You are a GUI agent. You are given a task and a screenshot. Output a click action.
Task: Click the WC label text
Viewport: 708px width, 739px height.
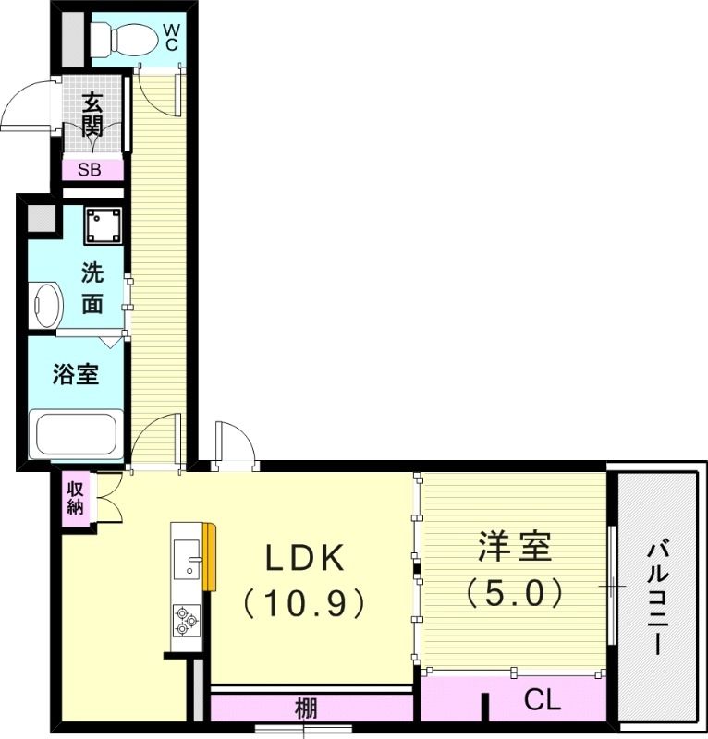coord(172,36)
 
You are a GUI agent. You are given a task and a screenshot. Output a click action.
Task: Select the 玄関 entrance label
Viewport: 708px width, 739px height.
coord(92,115)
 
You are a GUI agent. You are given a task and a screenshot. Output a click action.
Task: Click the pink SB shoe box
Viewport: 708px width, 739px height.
coord(91,169)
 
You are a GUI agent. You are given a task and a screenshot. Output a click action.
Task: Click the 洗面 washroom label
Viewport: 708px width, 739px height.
coord(92,288)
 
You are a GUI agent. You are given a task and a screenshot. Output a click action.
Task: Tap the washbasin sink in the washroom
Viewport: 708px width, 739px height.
coord(45,305)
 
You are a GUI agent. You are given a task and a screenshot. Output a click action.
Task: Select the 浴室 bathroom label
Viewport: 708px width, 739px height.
coord(76,375)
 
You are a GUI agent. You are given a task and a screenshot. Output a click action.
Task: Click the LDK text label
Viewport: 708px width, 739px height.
coord(305,558)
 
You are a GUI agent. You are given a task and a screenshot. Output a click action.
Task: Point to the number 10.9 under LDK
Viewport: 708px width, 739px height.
coord(305,604)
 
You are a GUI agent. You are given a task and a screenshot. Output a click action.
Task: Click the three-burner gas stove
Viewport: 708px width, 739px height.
coord(186,620)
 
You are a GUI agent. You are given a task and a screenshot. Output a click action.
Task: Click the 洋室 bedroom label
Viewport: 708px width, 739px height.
coord(514,547)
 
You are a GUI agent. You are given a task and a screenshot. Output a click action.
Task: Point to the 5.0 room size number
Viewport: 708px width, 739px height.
coord(514,591)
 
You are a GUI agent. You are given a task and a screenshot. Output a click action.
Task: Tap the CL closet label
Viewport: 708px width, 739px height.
coord(542,700)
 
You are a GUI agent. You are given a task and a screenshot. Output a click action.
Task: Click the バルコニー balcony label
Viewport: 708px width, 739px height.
coord(657,596)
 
